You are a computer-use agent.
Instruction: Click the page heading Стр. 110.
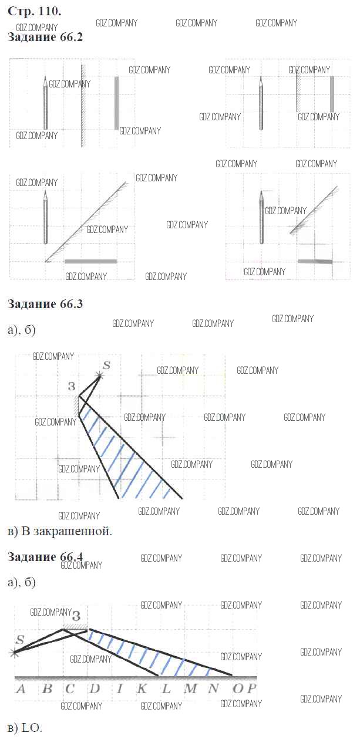tap(34, 11)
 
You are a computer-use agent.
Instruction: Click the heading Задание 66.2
tap(45, 37)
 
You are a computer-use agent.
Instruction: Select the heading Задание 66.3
tap(45, 304)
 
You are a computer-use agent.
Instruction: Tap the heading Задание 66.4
tap(45, 557)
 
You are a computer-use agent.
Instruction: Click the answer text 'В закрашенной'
tap(66, 532)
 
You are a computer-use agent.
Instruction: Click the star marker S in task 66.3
tap(99, 376)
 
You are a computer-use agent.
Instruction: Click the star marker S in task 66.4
tap(14, 653)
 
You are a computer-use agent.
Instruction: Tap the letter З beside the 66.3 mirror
tap(72, 386)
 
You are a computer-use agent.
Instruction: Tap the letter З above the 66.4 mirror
tap(76, 616)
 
